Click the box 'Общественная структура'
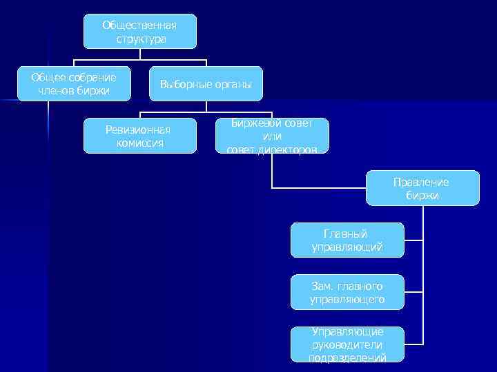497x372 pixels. (x=139, y=32)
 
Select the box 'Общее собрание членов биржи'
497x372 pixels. (x=73, y=84)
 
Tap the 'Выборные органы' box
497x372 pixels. (x=206, y=84)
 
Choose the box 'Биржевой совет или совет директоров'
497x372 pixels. (x=272, y=136)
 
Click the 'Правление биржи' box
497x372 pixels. (x=422, y=188)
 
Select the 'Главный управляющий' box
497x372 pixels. (x=347, y=240)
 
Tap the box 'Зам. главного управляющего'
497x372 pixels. (x=347, y=292)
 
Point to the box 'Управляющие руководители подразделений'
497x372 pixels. (x=347, y=344)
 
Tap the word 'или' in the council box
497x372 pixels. (x=272, y=136)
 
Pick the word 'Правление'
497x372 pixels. (x=422, y=182)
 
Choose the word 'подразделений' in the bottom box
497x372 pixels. (x=347, y=357)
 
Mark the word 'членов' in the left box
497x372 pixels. (x=51, y=91)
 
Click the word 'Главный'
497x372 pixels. (x=347, y=234)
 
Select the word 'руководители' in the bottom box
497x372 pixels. (x=347, y=344)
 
